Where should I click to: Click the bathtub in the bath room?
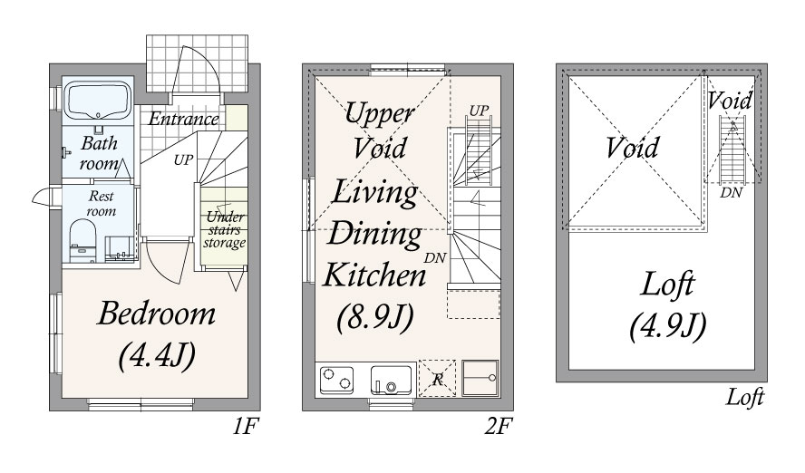point(98,99)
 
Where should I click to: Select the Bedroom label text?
point(156,314)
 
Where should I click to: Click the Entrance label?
point(184,119)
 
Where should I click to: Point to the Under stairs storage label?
point(224,229)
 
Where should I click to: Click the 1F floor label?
point(240,423)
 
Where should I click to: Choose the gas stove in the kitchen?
point(336,377)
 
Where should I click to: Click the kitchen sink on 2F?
point(392,377)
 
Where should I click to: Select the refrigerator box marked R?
point(437,378)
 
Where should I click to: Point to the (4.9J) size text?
point(667,324)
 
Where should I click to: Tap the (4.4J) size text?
point(156,356)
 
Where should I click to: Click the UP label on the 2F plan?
point(479,111)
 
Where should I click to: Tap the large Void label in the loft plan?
point(633,147)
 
